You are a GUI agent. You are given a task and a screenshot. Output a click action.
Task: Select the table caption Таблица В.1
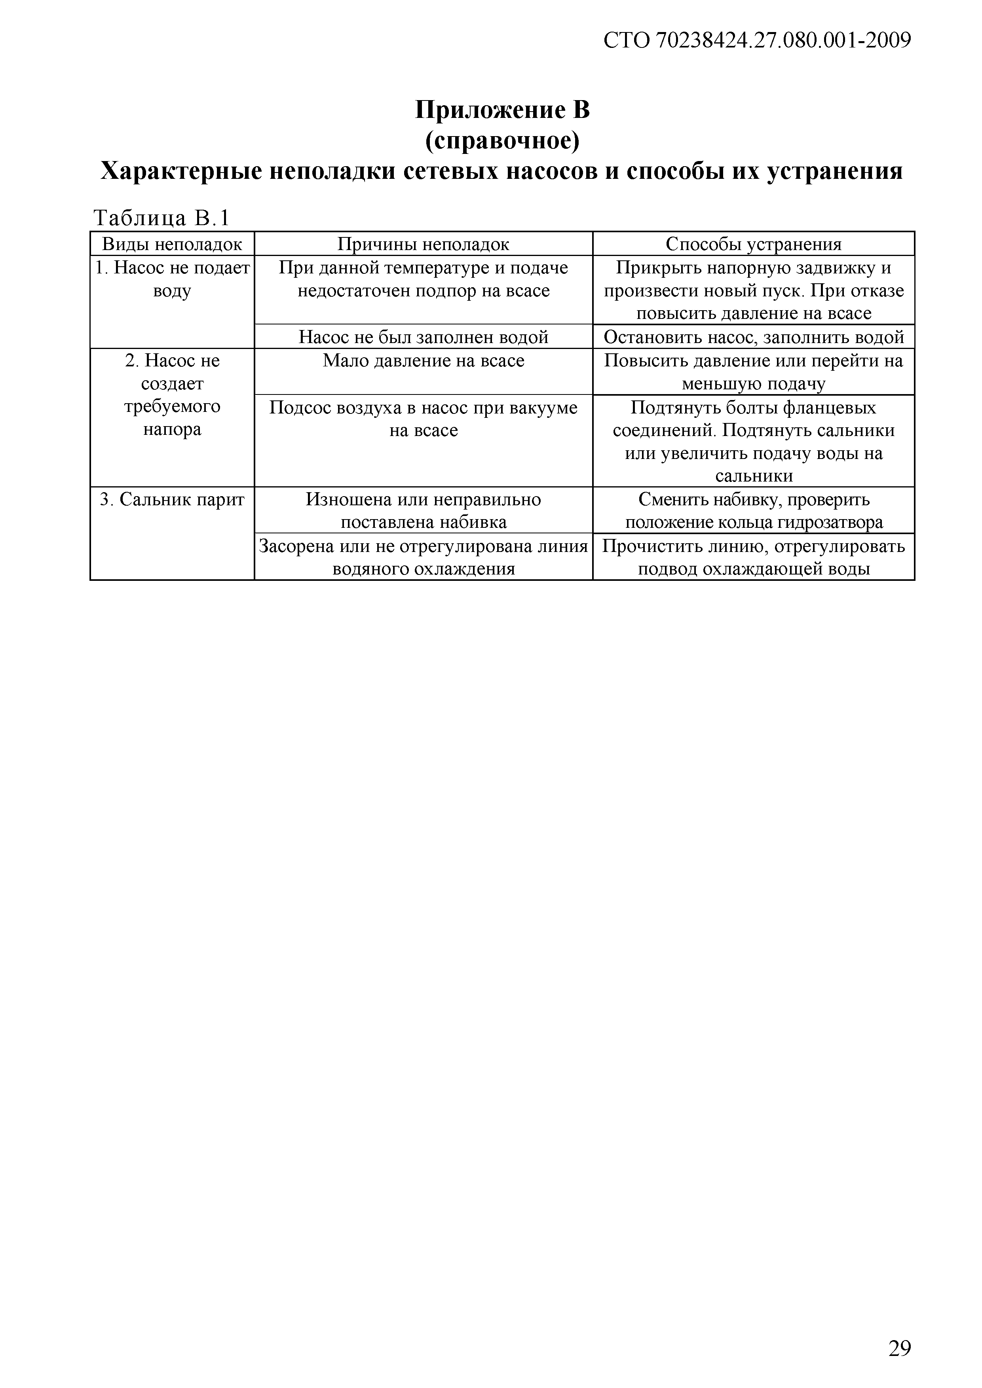click(162, 218)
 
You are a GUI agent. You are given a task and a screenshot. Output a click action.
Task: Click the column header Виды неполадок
click(172, 244)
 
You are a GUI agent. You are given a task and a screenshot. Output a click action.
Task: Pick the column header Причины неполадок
click(423, 244)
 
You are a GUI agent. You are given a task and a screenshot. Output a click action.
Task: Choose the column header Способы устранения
click(754, 244)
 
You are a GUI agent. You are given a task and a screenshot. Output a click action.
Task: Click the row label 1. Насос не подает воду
click(172, 279)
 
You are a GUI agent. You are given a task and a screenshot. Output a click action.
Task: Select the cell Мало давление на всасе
click(423, 361)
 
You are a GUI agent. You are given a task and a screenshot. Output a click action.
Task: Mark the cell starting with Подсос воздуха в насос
click(423, 419)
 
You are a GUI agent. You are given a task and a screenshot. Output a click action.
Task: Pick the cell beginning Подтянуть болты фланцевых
click(754, 441)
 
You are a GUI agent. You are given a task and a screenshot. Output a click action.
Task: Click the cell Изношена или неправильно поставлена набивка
click(423, 511)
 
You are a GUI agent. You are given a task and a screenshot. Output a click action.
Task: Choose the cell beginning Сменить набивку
click(754, 511)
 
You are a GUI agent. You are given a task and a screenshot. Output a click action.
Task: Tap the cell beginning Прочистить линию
click(754, 557)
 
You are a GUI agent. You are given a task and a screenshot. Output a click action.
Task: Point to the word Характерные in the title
click(180, 172)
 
